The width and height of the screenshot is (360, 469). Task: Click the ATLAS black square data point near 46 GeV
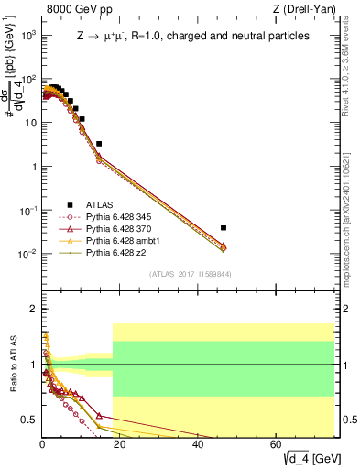point(224,227)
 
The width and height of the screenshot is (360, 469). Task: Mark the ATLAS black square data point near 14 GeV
point(99,144)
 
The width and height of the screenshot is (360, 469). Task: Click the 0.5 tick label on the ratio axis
point(29,420)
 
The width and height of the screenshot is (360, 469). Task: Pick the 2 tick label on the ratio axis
point(33,309)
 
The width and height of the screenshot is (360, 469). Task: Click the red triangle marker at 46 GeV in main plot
point(224,245)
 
